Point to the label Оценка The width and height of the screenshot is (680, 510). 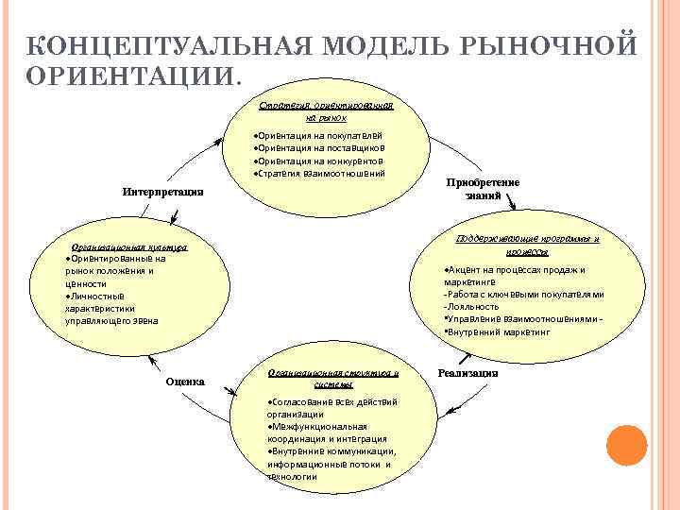[x=185, y=382]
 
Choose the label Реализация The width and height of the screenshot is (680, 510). [x=467, y=372]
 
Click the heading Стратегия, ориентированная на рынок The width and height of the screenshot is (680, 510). [x=325, y=112]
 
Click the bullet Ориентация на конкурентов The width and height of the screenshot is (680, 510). [x=318, y=161]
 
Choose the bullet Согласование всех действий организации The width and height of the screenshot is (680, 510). [x=331, y=408]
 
